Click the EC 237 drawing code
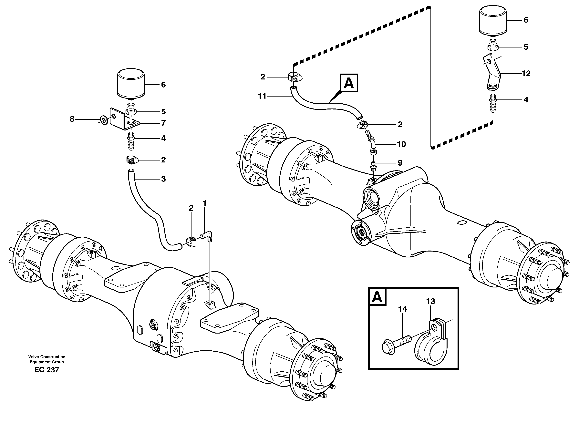tap(47, 370)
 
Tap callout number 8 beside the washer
tap(72, 119)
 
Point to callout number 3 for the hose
tap(163, 179)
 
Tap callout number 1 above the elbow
tap(204, 204)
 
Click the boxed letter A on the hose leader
tap(349, 83)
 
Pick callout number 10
tap(401, 144)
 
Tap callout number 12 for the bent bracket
tap(526, 74)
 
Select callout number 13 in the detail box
tap(430, 301)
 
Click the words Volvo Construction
tap(47, 357)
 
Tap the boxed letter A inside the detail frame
tap(377, 297)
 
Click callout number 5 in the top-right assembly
tap(526, 47)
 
